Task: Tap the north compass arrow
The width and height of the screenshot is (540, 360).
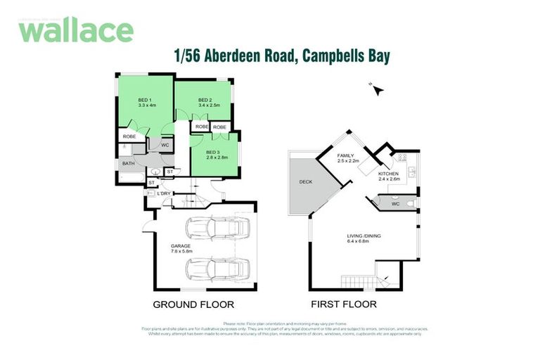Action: pyautogui.click(x=378, y=89)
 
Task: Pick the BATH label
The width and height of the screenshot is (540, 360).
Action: pyautogui.click(x=129, y=164)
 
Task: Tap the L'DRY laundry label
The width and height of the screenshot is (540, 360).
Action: pyautogui.click(x=165, y=193)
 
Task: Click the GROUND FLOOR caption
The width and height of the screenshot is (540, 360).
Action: pyautogui.click(x=193, y=304)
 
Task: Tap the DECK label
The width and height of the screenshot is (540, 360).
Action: pyautogui.click(x=307, y=181)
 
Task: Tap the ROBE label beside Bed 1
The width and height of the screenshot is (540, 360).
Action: pyautogui.click(x=129, y=136)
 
